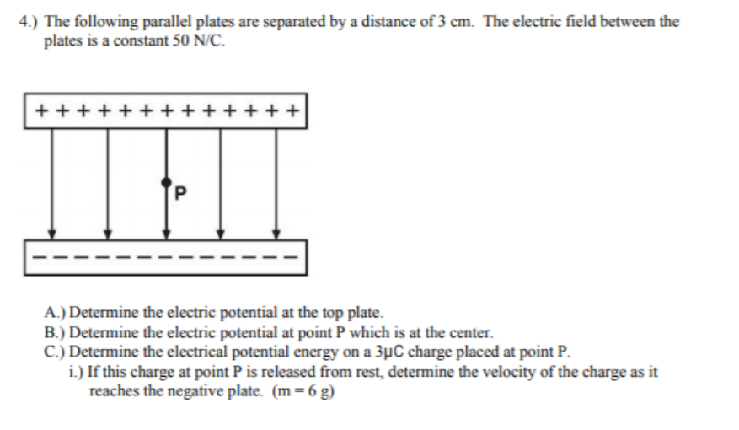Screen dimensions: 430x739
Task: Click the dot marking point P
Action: tap(166, 181)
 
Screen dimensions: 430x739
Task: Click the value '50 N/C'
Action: tap(200, 40)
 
